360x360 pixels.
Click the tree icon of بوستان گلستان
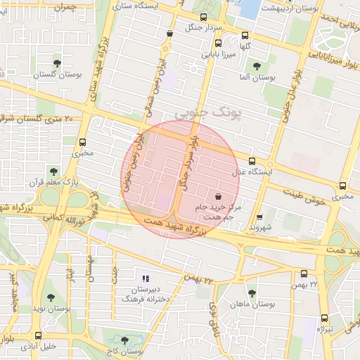click(x=67, y=63)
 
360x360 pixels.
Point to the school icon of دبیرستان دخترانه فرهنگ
click(x=146, y=279)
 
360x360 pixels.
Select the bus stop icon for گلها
click(x=245, y=35)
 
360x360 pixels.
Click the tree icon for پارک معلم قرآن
click(x=53, y=171)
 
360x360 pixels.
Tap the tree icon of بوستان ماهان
click(x=252, y=293)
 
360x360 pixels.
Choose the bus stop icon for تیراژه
click(x=324, y=318)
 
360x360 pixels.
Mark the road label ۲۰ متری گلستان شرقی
click(x=37, y=119)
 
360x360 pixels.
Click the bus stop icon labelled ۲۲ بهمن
click(x=304, y=274)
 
